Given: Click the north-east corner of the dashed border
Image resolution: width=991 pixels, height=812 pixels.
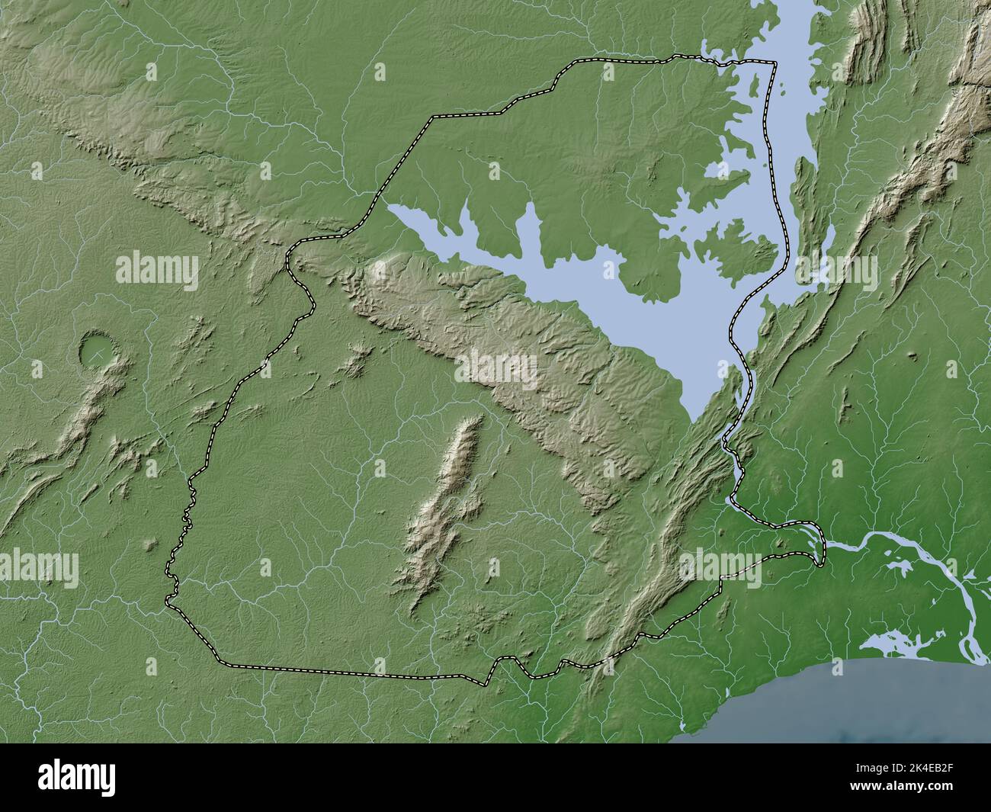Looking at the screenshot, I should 775,63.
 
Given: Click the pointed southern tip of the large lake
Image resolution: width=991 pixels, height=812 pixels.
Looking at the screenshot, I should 691,419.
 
